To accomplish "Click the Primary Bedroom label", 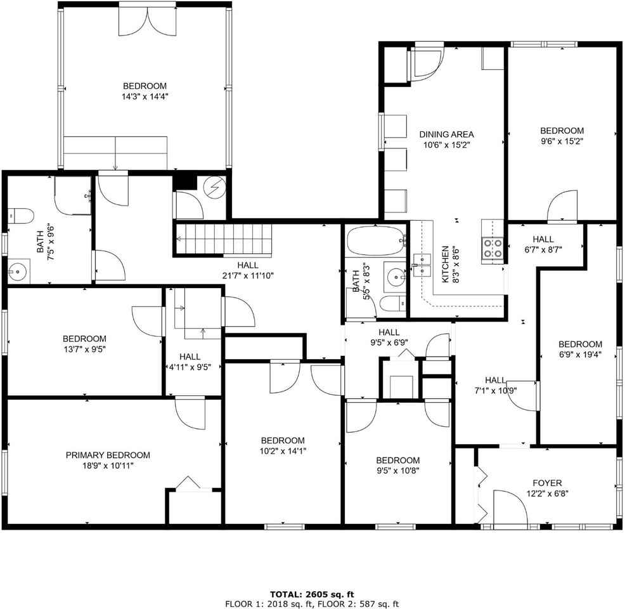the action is click(x=108, y=455).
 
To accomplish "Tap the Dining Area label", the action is click(x=446, y=134).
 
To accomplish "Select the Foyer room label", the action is click(x=547, y=483).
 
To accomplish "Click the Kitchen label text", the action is click(x=445, y=264).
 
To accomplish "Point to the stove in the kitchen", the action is click(x=493, y=248).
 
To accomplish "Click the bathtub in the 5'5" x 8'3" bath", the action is click(x=375, y=241).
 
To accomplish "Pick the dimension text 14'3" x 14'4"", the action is click(x=145, y=96).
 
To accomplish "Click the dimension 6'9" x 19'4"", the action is click(x=580, y=354).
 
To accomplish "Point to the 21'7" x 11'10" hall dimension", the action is click(x=248, y=275).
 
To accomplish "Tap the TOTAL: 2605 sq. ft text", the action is click(x=312, y=594).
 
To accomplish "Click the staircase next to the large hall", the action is click(x=223, y=239).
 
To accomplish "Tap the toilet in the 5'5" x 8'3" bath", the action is click(x=392, y=304).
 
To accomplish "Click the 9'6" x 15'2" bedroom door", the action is click(x=562, y=206).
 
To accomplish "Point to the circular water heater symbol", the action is click(x=214, y=186).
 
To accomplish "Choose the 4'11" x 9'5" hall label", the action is click(x=190, y=362).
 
